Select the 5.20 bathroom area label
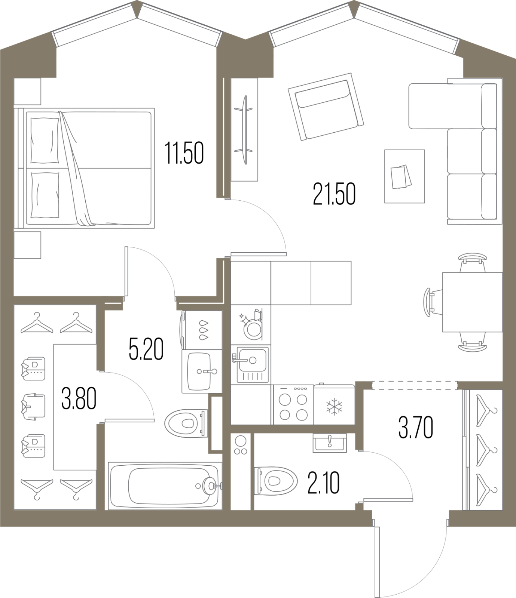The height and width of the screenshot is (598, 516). point(146,349)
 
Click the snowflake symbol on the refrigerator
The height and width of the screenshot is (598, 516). point(333,407)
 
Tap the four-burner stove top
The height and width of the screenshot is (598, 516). point(293,405)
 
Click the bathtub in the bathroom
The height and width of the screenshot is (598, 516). point(165,486)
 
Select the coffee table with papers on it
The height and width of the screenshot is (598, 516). point(404,176)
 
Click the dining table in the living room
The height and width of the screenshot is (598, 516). point(472,302)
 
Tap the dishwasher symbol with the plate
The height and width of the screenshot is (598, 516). point(251,324)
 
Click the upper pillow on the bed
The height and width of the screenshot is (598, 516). point(45,141)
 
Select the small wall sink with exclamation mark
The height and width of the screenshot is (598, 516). point(330,443)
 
